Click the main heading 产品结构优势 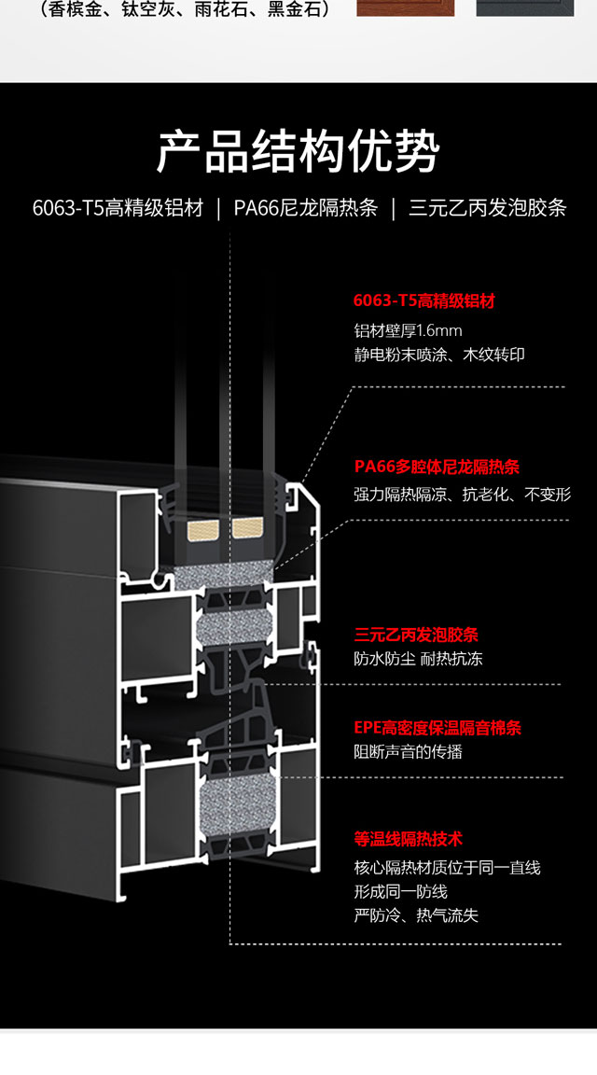pyautogui.click(x=298, y=152)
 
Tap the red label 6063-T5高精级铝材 pyautogui.click(x=423, y=300)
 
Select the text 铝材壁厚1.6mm pyautogui.click(x=408, y=330)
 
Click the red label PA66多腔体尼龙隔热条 pyautogui.click(x=437, y=468)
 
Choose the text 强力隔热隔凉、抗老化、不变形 pyautogui.click(x=462, y=495)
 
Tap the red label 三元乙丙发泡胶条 pyautogui.click(x=416, y=635)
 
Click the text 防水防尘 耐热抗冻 pyautogui.click(x=418, y=659)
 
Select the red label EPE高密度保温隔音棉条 pyautogui.click(x=437, y=727)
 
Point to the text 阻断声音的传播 pyautogui.click(x=409, y=751)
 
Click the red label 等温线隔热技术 pyautogui.click(x=409, y=840)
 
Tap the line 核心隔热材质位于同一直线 pyautogui.click(x=447, y=868)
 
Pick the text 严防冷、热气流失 pyautogui.click(x=416, y=915)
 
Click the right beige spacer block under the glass pyautogui.click(x=249, y=531)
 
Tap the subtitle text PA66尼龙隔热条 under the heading pyautogui.click(x=305, y=207)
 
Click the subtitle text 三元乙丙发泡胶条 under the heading pyautogui.click(x=488, y=207)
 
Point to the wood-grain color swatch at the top pyautogui.click(x=406, y=7)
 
